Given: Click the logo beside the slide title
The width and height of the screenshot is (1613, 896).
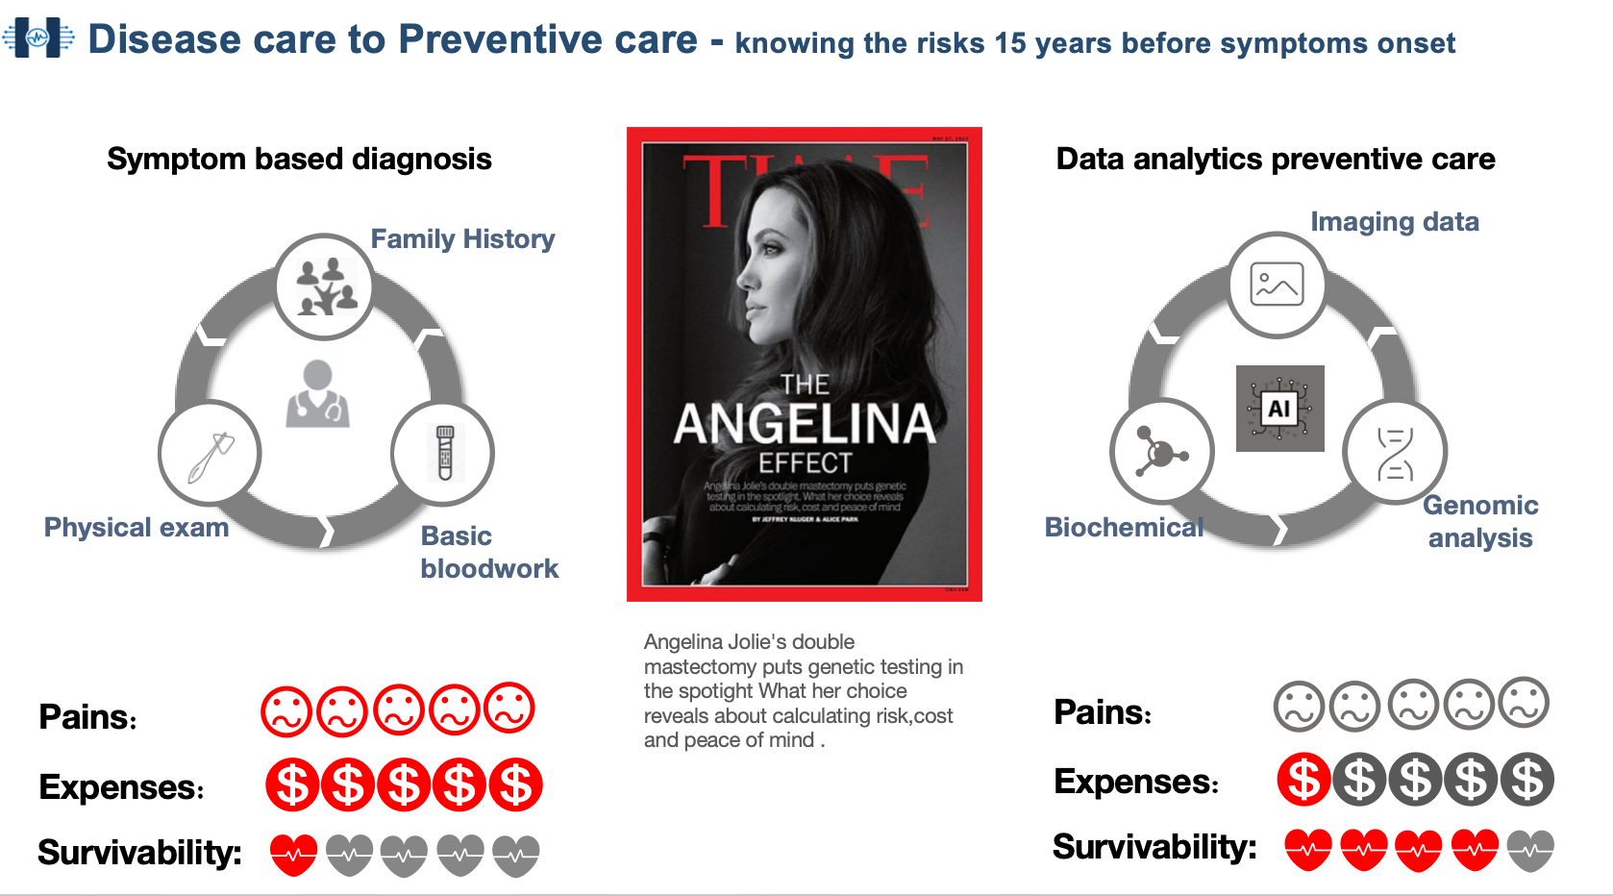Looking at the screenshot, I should click(37, 38).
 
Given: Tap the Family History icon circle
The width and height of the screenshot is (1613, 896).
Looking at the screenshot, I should click(324, 286).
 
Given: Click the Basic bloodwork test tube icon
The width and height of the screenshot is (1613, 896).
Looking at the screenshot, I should click(443, 454).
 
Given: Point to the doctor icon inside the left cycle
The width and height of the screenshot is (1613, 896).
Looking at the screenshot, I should click(317, 394).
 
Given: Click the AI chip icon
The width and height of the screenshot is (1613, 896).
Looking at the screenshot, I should click(1279, 409).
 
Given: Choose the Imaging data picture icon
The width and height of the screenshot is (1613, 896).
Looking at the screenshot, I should click(1277, 285).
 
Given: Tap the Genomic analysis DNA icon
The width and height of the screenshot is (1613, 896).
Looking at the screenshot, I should click(1395, 453).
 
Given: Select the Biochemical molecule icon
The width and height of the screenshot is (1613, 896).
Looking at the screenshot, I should click(1161, 452).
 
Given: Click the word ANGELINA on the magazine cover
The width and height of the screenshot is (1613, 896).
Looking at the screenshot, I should click(805, 424).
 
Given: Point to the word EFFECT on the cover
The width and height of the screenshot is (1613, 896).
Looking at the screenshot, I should click(805, 463).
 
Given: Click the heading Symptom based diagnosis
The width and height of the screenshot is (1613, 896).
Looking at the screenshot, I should click(299, 159).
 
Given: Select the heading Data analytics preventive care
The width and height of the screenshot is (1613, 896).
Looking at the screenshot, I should click(1275, 159).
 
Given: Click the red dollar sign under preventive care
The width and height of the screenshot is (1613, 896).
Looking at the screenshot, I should click(1303, 780).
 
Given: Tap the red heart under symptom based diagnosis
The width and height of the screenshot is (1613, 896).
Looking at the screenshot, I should click(293, 854).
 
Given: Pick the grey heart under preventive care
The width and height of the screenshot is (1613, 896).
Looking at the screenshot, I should click(1530, 850).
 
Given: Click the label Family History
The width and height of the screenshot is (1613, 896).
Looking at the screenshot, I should click(462, 238).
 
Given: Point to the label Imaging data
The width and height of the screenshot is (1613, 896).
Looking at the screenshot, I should click(1394, 222).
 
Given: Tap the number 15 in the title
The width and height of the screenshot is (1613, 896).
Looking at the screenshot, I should click(1010, 43).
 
